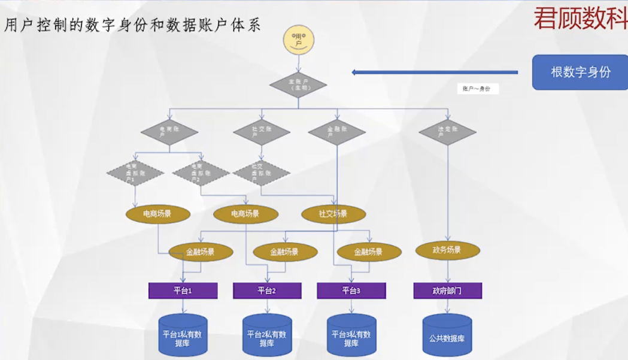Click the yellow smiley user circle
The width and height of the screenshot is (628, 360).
[299, 40]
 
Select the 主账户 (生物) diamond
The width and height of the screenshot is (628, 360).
[298, 84]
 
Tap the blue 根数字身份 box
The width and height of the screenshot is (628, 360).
[580, 72]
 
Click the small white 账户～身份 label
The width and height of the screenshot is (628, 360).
[477, 89]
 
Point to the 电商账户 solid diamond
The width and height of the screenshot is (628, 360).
[169, 132]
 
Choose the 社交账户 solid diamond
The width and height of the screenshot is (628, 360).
[261, 132]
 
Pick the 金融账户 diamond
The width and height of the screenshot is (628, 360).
[337, 132]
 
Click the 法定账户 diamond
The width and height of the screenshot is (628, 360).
[447, 132]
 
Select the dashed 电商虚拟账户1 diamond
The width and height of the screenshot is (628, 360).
[135, 173]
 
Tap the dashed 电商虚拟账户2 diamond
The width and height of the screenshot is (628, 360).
[201, 173]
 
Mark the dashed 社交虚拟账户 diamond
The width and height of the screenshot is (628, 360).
[261, 172]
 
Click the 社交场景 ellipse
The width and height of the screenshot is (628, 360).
[333, 214]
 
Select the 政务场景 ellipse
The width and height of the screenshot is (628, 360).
[447, 250]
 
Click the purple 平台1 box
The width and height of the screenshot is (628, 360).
[183, 291]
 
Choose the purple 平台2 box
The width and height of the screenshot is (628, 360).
[267, 291]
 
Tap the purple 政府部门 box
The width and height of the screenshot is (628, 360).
[447, 291]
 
